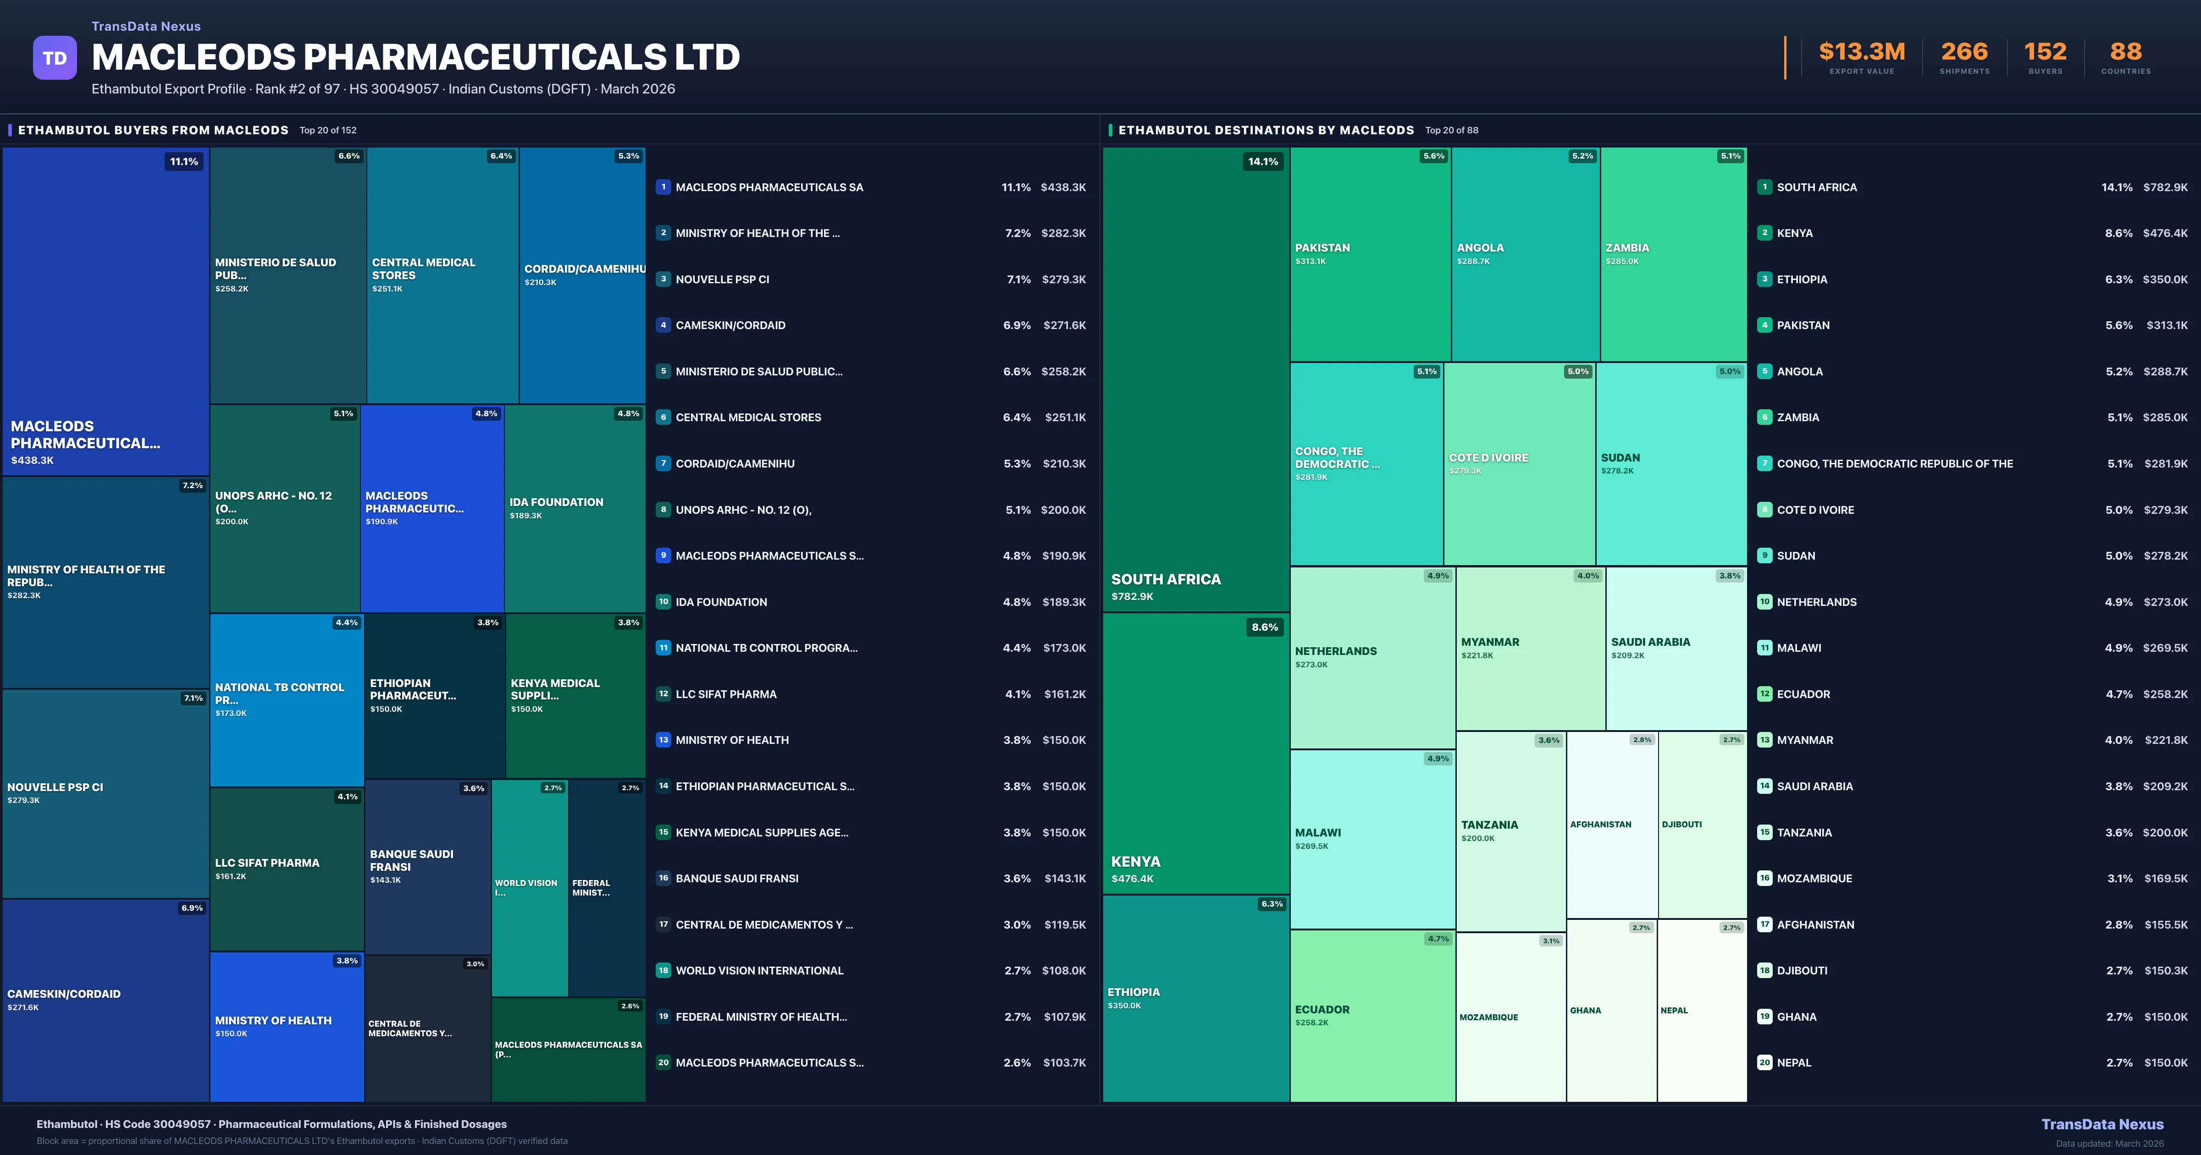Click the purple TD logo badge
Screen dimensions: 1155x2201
point(55,58)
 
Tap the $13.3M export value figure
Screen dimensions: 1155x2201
point(1862,52)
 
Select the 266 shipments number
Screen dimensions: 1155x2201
point(1964,52)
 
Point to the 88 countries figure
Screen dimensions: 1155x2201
point(2126,52)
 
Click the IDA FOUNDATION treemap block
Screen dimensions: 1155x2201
point(574,508)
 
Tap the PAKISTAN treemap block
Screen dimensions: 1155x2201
point(1370,254)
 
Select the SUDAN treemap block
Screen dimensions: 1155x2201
point(1670,464)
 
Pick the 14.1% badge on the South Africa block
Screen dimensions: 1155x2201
point(1263,161)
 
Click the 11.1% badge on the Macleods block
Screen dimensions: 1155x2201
point(184,161)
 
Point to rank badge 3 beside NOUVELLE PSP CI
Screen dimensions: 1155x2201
point(663,279)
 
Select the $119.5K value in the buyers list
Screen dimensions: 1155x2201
point(1065,924)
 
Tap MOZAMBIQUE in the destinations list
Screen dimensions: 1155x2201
point(1814,878)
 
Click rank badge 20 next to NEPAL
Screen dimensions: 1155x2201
point(1764,1063)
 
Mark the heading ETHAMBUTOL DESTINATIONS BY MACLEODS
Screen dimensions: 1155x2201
point(1266,130)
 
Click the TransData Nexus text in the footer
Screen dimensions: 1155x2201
point(2102,1124)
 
